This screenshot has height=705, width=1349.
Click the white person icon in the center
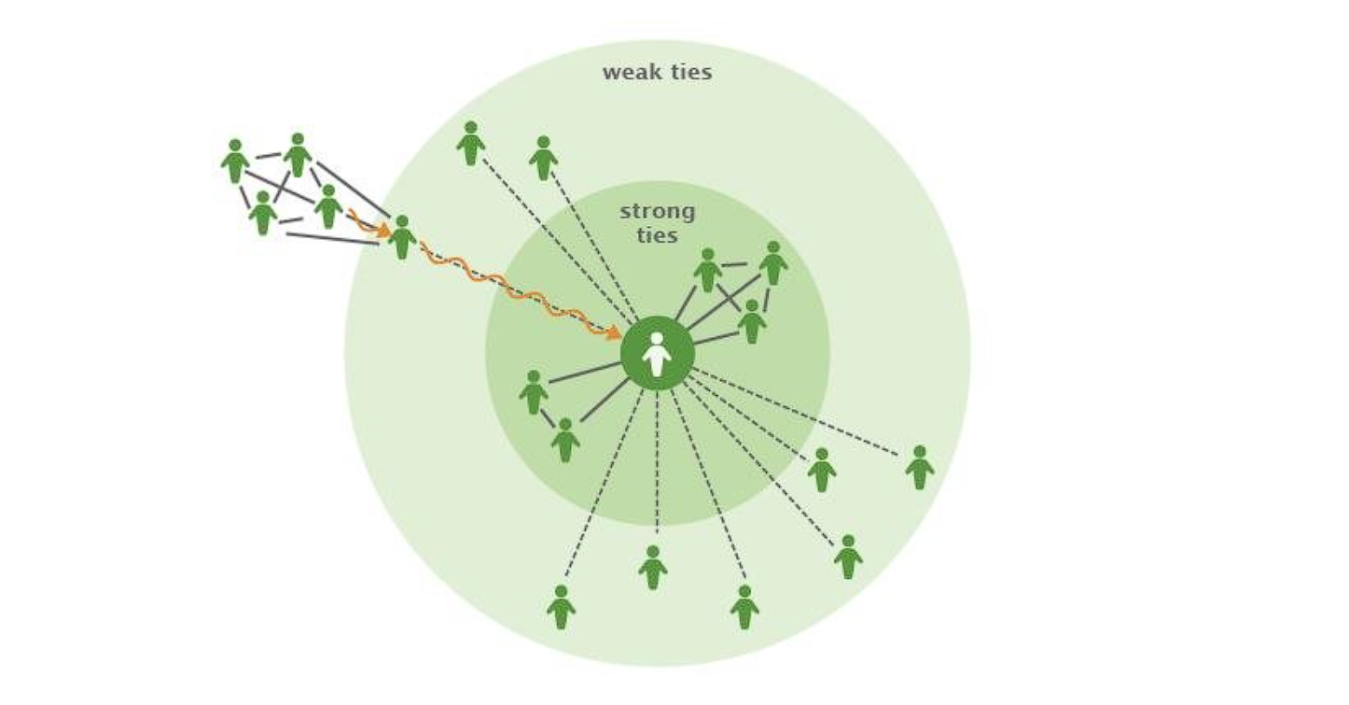pyautogui.click(x=657, y=354)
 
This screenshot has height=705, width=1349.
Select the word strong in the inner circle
pyautogui.click(x=657, y=212)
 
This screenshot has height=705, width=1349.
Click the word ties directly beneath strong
pyautogui.click(x=657, y=234)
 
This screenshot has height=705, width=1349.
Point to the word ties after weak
pyautogui.click(x=689, y=73)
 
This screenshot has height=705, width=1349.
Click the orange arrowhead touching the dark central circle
pyautogui.click(x=613, y=331)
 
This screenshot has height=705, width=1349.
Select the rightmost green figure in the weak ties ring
pyautogui.click(x=919, y=468)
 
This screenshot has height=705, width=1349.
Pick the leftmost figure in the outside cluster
pyautogui.click(x=235, y=162)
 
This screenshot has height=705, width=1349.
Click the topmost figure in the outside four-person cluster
pyautogui.click(x=298, y=155)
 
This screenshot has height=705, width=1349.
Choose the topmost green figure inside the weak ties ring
pyautogui.click(x=471, y=144)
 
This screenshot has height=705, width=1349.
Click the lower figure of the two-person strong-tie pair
pyautogui.click(x=564, y=440)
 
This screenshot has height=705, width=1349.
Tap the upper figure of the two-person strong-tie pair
pyautogui.click(x=534, y=392)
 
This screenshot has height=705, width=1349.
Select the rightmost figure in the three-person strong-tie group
pyautogui.click(x=772, y=263)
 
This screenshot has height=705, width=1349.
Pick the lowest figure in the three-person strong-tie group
pyautogui.click(x=752, y=321)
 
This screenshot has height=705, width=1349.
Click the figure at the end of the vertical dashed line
pyautogui.click(x=653, y=568)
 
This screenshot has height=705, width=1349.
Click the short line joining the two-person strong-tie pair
pyautogui.click(x=548, y=418)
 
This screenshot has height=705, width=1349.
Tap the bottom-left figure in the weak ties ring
pyautogui.click(x=561, y=608)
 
